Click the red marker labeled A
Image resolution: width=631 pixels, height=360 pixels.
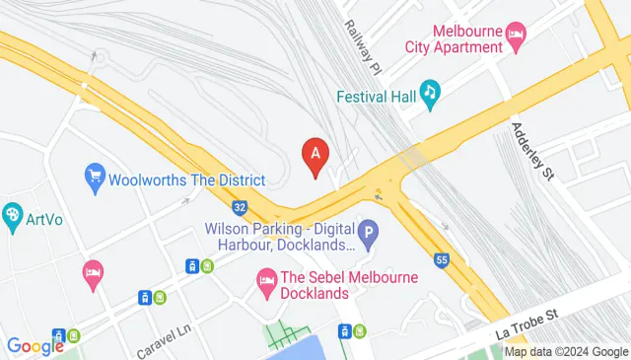pos(315,155)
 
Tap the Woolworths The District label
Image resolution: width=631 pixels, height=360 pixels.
pos(187,180)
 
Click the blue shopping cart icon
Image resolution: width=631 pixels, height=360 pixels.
pos(96,179)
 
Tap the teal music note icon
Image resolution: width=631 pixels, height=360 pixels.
pos(429,95)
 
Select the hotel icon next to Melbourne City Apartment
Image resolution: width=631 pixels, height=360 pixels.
pos(516,36)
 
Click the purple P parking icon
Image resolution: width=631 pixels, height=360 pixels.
pos(368,235)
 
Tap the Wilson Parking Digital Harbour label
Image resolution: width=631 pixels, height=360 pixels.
pos(279,236)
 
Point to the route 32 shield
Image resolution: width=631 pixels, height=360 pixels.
pos(240,207)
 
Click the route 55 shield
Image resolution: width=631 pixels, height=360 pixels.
pos(442,260)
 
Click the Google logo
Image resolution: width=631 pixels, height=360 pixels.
pos(35,346)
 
